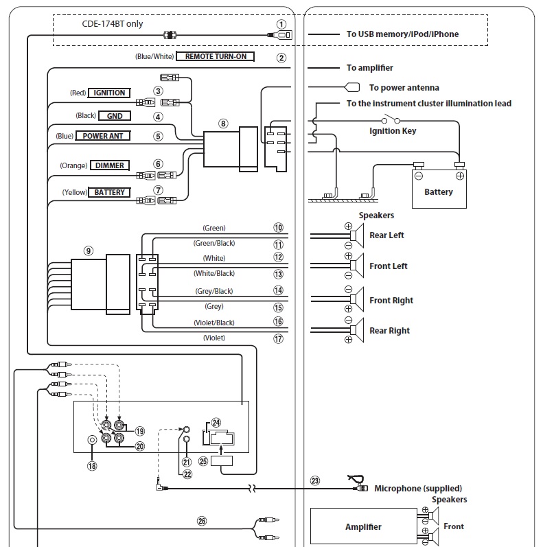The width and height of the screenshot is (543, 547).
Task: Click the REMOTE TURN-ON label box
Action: tap(216, 57)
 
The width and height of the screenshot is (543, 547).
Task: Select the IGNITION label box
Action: tap(109, 93)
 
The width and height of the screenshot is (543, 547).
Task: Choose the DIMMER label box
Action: tap(110, 165)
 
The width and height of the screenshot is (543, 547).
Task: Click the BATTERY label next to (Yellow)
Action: tap(110, 192)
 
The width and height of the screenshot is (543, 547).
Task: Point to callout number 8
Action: tap(222, 124)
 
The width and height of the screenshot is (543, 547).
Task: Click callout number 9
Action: tap(88, 251)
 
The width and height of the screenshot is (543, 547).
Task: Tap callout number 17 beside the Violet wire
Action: tap(278, 338)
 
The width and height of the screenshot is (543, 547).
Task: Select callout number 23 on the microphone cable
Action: tap(315, 480)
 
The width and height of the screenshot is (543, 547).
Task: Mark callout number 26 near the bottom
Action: tap(201, 521)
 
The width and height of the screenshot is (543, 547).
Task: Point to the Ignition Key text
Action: tap(393, 130)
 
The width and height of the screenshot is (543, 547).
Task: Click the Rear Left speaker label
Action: tap(386, 235)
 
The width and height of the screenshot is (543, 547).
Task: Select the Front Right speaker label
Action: tap(391, 301)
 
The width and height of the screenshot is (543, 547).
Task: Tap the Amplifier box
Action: tap(363, 527)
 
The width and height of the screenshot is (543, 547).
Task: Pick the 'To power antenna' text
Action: tap(404, 88)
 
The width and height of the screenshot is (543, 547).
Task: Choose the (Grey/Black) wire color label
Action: tap(214, 290)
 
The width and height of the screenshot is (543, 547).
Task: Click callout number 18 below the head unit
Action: tap(91, 465)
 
